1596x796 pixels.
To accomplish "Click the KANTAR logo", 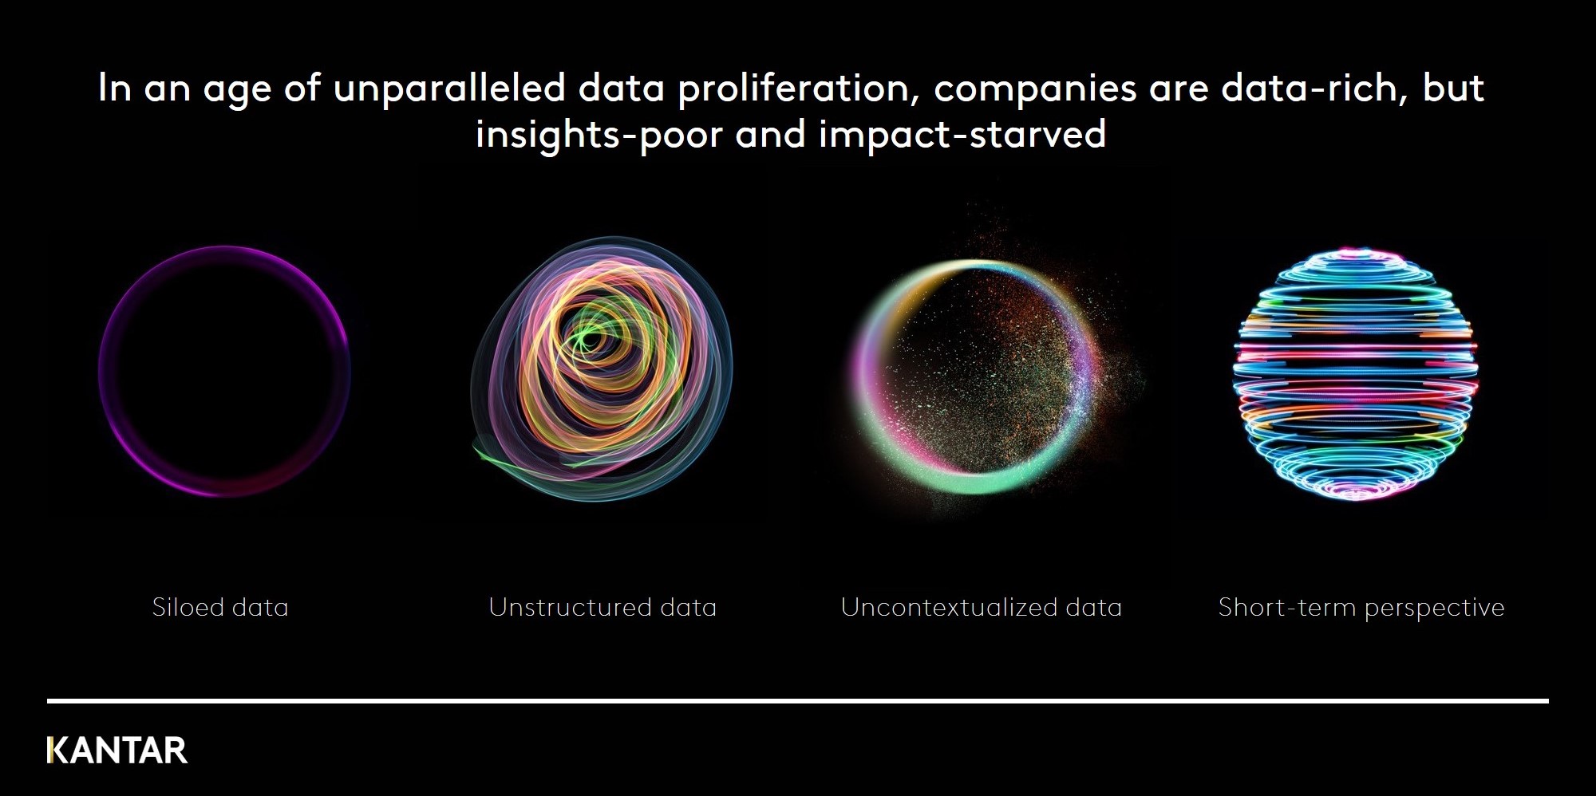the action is pyautogui.click(x=117, y=751).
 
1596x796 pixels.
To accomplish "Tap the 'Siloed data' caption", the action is pyautogui.click(x=220, y=608).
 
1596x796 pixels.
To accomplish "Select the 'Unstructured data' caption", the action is pyautogui.click(x=602, y=608).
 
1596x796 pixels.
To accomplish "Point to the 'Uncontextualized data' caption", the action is pyautogui.click(x=982, y=608).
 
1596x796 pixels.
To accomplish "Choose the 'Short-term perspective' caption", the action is pyautogui.click(x=1361, y=609).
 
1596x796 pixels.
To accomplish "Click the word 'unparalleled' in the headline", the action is pyautogui.click(x=449, y=89).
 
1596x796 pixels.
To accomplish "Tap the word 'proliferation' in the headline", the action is pyautogui.click(x=796, y=89).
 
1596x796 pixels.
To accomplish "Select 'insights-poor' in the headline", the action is pyautogui.click(x=599, y=135).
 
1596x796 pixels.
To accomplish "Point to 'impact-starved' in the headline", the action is pyautogui.click(x=962, y=135).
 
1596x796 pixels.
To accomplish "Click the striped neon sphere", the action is pyautogui.click(x=1355, y=374).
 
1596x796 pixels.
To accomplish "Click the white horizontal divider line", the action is pyautogui.click(x=798, y=701).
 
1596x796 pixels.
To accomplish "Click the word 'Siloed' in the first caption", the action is pyautogui.click(x=188, y=608).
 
